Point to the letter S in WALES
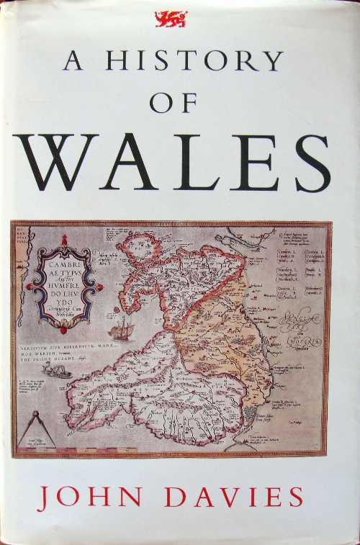point(312,163)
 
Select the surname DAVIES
point(235,499)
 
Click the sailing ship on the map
point(122,328)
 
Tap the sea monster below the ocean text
point(57,370)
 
